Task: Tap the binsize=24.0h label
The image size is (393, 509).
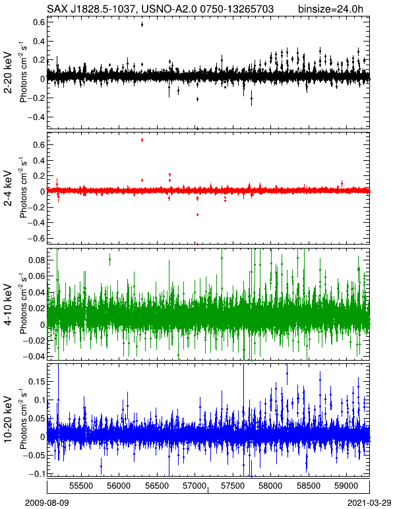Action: (330, 9)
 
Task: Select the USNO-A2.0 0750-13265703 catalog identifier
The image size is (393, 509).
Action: (204, 9)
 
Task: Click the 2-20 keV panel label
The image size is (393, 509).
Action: (8, 73)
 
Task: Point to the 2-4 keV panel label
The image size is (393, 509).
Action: (8, 189)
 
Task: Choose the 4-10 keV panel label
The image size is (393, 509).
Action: (8, 304)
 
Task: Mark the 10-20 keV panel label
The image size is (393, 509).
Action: (8, 419)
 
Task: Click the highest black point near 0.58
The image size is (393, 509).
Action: (142, 24)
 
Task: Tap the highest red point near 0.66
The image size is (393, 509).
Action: (142, 140)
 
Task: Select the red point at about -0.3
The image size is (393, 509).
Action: (197, 214)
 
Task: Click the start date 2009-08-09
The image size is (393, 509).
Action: (47, 503)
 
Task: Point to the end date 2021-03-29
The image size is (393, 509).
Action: (369, 503)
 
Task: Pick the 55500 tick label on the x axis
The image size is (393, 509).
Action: (82, 486)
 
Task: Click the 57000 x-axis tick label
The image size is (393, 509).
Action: (195, 486)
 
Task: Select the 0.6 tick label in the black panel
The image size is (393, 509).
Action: (39, 22)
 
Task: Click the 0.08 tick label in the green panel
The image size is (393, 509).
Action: (36, 260)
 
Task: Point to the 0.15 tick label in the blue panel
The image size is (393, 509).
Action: (36, 382)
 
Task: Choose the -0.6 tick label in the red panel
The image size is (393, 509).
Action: (36, 238)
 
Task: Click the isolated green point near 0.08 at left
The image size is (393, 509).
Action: (109, 259)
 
